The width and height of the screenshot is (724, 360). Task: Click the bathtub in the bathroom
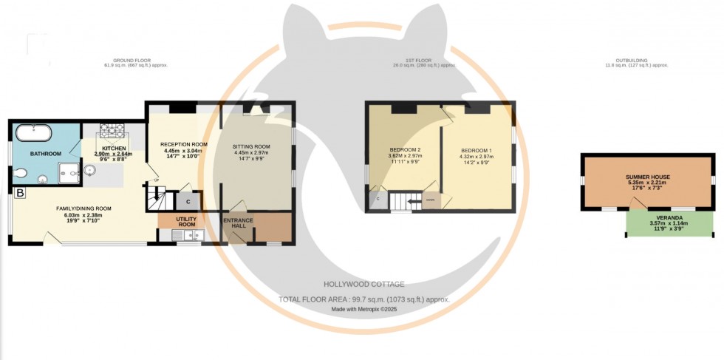pos(34,135)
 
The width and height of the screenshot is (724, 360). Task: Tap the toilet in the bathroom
pos(21,174)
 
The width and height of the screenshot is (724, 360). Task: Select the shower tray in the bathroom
pos(69,171)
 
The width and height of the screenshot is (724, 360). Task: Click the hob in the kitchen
pos(112,132)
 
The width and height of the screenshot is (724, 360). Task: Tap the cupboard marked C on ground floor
pos(188,200)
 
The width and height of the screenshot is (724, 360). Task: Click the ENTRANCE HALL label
pos(238,223)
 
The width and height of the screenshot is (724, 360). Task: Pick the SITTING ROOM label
pos(251,146)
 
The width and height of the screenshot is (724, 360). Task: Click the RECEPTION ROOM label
pos(185,144)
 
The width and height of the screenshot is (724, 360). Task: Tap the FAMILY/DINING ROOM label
pos(83,208)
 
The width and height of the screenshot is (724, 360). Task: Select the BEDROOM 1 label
pos(476,149)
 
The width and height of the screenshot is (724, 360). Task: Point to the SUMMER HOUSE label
pos(646,178)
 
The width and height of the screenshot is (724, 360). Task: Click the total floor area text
pos(363,299)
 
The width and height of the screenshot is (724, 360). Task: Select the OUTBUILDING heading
pos(631,60)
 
